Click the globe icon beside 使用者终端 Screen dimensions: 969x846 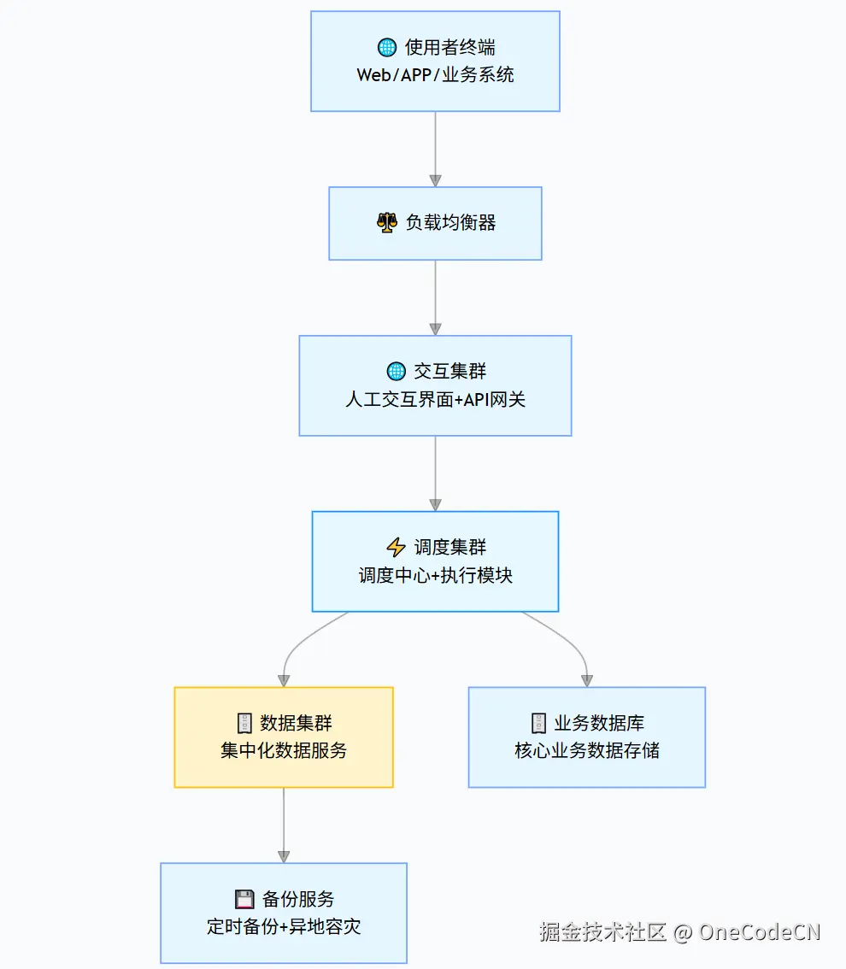[x=387, y=48]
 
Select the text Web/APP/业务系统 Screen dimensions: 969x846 [x=435, y=74]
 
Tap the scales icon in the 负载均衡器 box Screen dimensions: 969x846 [x=387, y=223]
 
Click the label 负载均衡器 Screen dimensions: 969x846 [x=450, y=223]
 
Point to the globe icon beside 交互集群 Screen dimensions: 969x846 [x=396, y=371]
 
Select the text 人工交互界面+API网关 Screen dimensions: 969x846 [x=435, y=399]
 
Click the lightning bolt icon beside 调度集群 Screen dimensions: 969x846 [x=396, y=547]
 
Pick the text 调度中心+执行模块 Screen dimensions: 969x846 [x=435, y=575]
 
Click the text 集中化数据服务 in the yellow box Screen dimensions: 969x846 [x=284, y=751]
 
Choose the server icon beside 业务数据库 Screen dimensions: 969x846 [x=538, y=723]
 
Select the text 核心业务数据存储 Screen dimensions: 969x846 [x=587, y=751]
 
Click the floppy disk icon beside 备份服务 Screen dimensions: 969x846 [x=244, y=899]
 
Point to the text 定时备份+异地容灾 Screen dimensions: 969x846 [x=284, y=927]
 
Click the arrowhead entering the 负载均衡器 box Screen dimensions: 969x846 [x=435, y=180]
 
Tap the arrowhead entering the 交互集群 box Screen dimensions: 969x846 [x=435, y=329]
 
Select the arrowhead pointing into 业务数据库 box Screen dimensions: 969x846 [x=587, y=681]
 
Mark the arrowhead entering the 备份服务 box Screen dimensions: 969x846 [x=284, y=856]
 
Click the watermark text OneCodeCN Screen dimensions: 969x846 [x=759, y=931]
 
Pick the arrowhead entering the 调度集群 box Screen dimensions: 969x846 [x=435, y=505]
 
